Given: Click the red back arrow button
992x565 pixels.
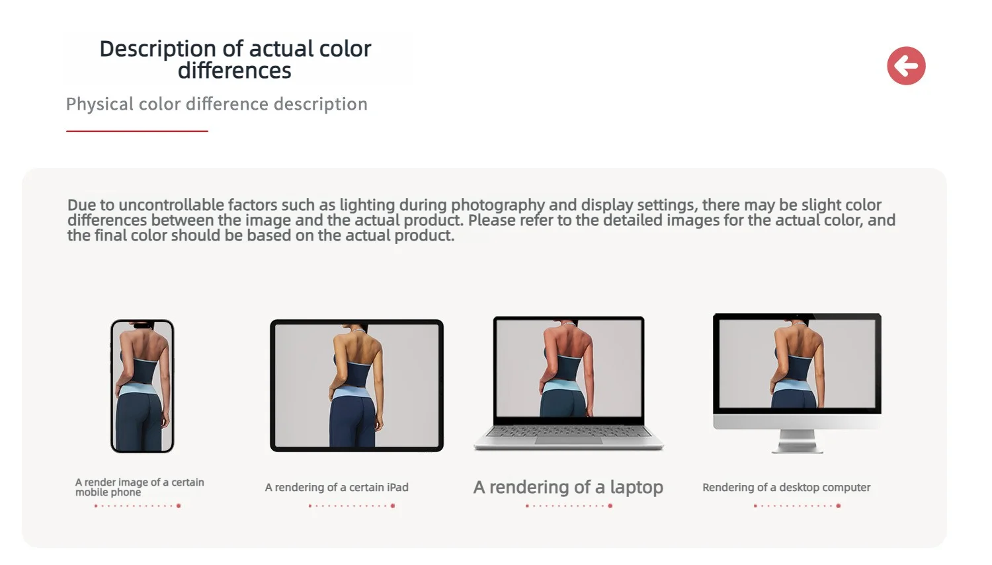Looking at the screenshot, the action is (x=906, y=65).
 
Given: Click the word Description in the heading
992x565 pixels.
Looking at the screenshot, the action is (x=157, y=49).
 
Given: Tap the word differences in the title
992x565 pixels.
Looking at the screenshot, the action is (x=235, y=71).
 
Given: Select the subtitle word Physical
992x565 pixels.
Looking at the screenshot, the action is (x=100, y=104).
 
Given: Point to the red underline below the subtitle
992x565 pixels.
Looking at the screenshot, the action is (x=137, y=131).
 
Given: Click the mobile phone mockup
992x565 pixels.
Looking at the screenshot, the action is (x=142, y=386).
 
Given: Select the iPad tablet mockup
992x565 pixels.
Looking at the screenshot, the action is (x=356, y=385).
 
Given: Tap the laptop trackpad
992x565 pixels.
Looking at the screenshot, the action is (x=569, y=441).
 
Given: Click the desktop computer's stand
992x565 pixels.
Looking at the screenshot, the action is (x=797, y=441).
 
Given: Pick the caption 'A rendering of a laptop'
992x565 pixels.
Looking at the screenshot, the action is (x=568, y=487).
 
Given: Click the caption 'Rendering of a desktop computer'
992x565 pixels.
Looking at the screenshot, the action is (x=786, y=487).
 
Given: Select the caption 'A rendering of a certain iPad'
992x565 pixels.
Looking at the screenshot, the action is (x=337, y=487).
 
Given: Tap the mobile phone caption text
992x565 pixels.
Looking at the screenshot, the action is (x=140, y=487).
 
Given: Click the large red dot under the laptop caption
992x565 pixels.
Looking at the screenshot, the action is (x=610, y=506).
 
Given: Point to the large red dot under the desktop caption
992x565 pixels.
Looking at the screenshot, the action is (x=839, y=506).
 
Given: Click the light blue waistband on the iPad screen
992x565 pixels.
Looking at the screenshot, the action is (x=350, y=393).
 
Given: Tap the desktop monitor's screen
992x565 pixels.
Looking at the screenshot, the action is (x=797, y=363).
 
